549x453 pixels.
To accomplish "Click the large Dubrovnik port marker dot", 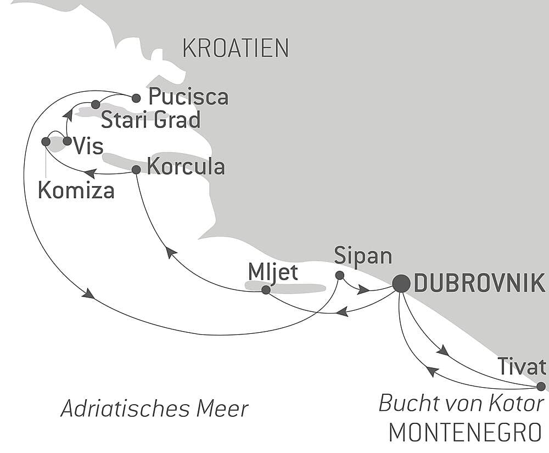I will (402, 283).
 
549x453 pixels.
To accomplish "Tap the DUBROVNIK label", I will (479, 284).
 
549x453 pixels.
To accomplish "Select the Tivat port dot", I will (541, 386).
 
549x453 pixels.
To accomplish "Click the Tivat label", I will (521, 366).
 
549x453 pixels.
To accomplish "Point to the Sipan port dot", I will (339, 275).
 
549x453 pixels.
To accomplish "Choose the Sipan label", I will (363, 256).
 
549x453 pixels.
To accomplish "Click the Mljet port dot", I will (266, 290).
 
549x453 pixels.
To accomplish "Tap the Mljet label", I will (273, 271).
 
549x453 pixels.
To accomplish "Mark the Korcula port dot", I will (136, 170).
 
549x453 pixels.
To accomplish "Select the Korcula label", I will (186, 167).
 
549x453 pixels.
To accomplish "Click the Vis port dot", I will (67, 141).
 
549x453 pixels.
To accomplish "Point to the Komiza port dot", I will (46, 142).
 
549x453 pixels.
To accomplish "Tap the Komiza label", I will (76, 191).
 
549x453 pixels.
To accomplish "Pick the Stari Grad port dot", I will (95, 104).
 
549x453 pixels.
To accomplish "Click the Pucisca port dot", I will (136, 98).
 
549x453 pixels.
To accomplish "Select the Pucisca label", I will (188, 97).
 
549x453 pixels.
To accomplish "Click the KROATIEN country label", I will (236, 49).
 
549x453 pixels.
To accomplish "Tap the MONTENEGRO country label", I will (465, 433).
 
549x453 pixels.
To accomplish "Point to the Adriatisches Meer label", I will (154, 409).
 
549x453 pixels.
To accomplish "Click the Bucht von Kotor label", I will (461, 404).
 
